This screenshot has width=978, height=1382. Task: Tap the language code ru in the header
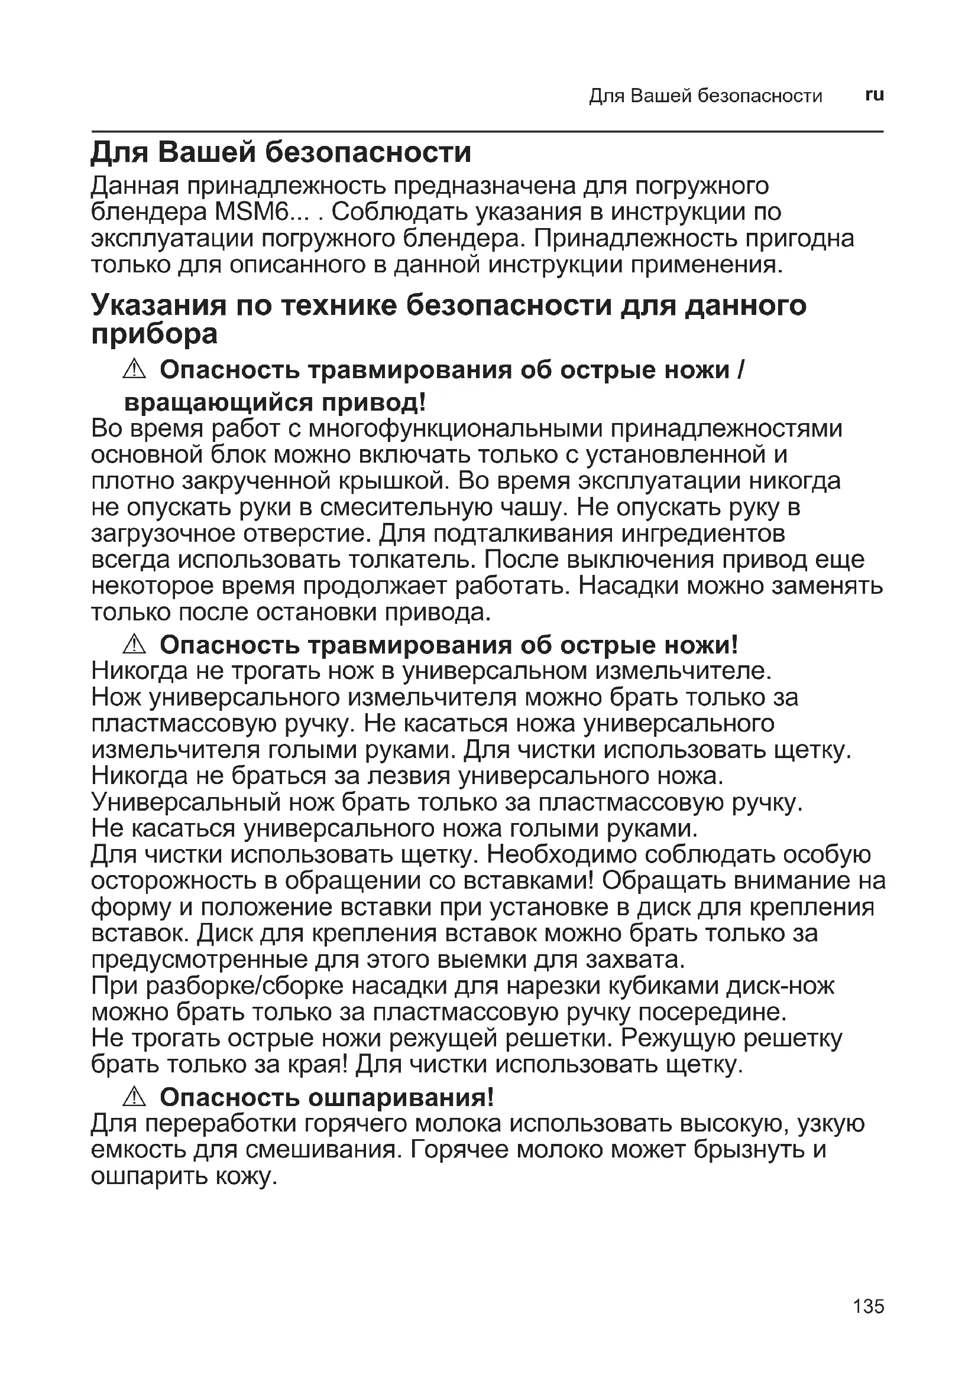pos(874,95)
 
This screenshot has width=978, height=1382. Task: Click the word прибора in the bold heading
pos(154,334)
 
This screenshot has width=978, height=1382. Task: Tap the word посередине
pos(713,1013)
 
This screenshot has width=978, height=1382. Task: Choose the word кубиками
pos(662,986)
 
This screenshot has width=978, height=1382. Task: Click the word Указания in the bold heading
pos(158,306)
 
